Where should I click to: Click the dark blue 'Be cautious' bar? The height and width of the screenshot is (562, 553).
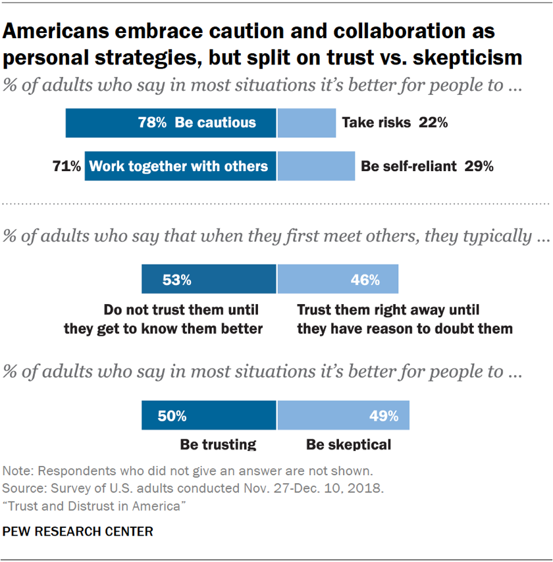click(x=171, y=123)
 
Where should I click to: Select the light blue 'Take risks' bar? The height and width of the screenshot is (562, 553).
click(x=306, y=123)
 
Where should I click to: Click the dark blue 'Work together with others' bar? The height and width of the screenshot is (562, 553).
click(x=180, y=166)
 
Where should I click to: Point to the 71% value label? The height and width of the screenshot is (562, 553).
click(x=66, y=166)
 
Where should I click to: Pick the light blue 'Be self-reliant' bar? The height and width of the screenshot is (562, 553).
click(x=316, y=166)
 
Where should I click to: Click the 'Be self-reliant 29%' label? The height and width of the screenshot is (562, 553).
click(x=427, y=166)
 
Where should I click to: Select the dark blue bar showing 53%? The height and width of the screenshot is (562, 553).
click(x=209, y=280)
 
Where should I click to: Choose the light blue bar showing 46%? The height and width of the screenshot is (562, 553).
click(x=338, y=280)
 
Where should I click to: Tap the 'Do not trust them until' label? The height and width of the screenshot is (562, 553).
click(x=181, y=309)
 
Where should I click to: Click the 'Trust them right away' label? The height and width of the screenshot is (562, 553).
click(x=388, y=309)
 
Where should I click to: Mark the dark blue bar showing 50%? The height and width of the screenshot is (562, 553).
click(x=209, y=416)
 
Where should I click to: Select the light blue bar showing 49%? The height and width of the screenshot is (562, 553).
click(x=343, y=416)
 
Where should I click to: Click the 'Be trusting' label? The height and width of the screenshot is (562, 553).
click(x=218, y=445)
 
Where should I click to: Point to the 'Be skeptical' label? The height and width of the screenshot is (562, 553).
click(x=348, y=445)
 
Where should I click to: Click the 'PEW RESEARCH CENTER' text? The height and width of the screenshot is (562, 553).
click(x=78, y=531)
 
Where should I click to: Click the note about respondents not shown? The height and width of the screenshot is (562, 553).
click(x=187, y=471)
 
